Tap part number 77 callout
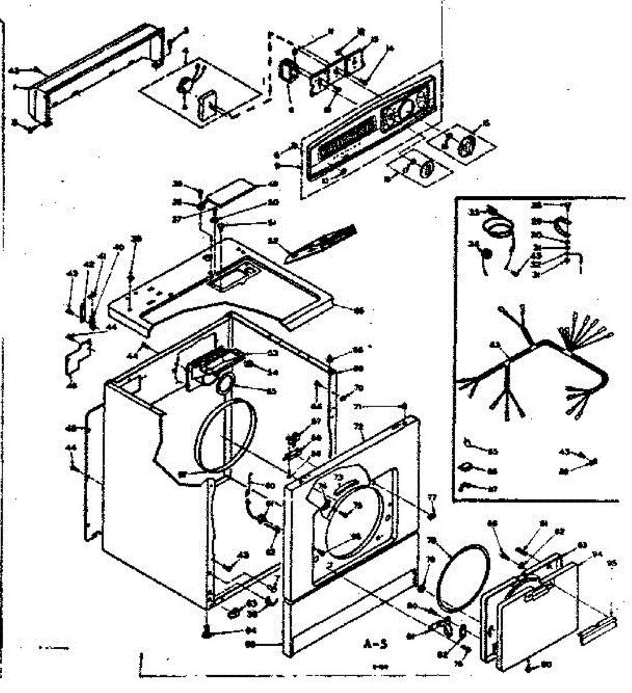(431, 497)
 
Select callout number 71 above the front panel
(358, 407)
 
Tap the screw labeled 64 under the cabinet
(206, 632)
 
